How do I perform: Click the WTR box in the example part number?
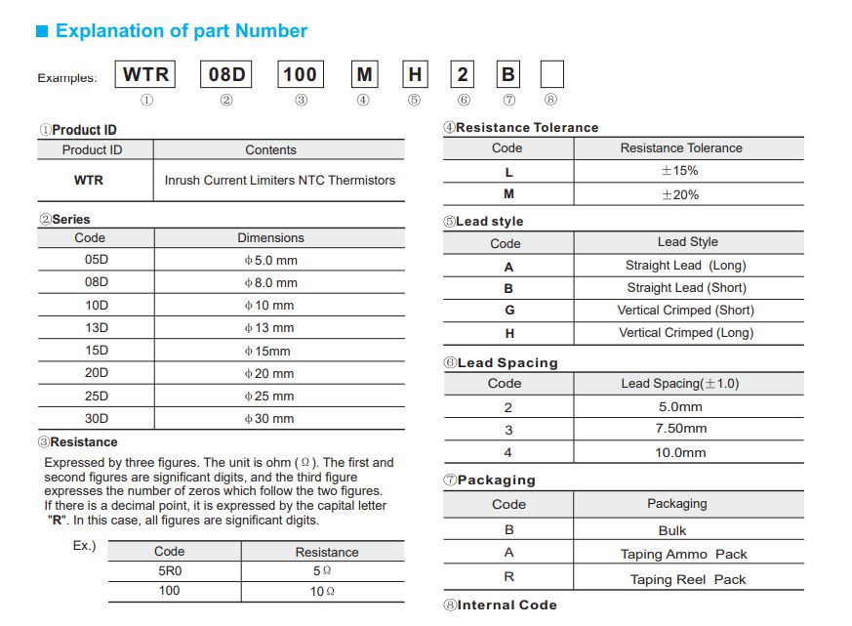click(x=145, y=74)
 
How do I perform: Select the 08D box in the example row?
click(x=226, y=74)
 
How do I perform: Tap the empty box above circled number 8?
click(x=551, y=74)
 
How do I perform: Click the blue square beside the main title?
click(x=42, y=31)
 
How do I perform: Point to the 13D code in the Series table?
click(x=97, y=327)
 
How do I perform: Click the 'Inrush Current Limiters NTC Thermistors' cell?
click(x=279, y=180)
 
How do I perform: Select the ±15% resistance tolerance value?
click(x=679, y=171)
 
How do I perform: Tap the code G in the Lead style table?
click(x=508, y=311)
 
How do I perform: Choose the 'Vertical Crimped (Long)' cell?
click(x=686, y=333)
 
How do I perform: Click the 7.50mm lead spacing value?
click(x=680, y=429)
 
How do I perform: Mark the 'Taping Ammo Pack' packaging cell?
click(x=683, y=554)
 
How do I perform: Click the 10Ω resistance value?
click(x=323, y=593)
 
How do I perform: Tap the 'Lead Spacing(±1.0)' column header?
click(x=679, y=384)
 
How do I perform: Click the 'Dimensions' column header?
click(x=270, y=237)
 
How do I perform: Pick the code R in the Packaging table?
click(x=508, y=577)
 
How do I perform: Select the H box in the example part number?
click(x=415, y=74)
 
